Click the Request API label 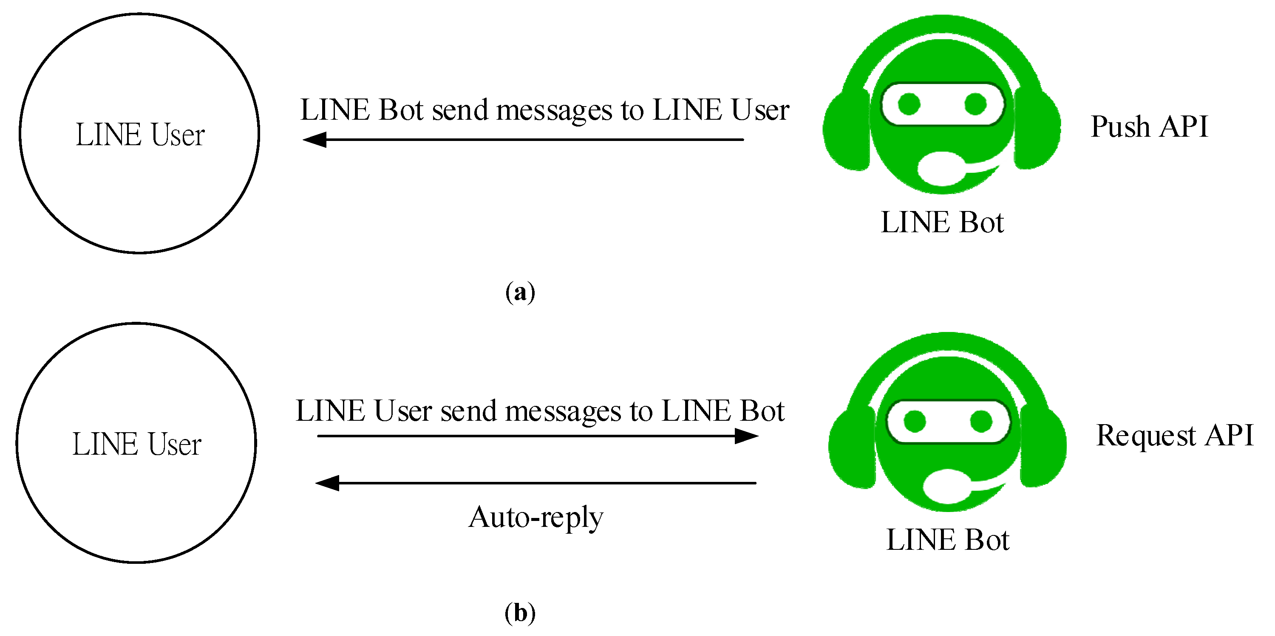pyautogui.click(x=1174, y=436)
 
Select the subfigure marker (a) pyautogui.click(x=520, y=292)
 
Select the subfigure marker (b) pyautogui.click(x=520, y=613)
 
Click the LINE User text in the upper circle pyautogui.click(x=140, y=135)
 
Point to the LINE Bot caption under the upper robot pyautogui.click(x=942, y=222)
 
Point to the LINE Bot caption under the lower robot pyautogui.click(x=947, y=540)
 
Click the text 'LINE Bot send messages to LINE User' pyautogui.click(x=544, y=110)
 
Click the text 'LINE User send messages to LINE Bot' pyautogui.click(x=539, y=411)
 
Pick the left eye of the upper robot pyautogui.click(x=909, y=104)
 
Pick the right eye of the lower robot pyautogui.click(x=981, y=421)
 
